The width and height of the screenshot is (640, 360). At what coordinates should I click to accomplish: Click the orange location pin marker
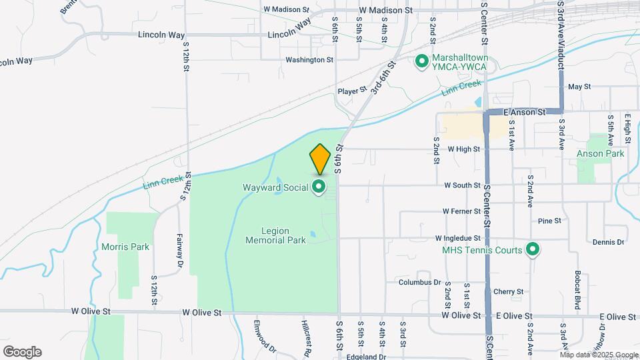click(x=320, y=159)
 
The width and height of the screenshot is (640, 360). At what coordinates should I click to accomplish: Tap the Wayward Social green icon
click(x=319, y=187)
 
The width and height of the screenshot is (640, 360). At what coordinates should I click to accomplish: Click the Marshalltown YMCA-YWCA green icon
click(x=421, y=62)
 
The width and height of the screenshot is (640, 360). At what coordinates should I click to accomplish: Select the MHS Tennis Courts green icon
click(x=532, y=250)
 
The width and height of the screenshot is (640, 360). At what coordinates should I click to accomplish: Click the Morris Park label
click(x=125, y=247)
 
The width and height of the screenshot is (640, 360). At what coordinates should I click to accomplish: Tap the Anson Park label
click(x=601, y=153)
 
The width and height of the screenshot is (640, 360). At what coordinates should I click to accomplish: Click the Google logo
click(x=22, y=351)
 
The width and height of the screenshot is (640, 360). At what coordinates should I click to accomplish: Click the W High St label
click(x=464, y=149)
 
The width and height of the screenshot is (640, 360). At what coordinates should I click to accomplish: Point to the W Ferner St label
click(x=461, y=211)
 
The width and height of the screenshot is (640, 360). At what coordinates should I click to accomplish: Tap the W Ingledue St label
click(x=457, y=238)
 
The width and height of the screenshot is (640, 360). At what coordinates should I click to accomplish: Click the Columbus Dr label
click(x=420, y=282)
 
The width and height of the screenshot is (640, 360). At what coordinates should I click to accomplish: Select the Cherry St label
click(x=508, y=291)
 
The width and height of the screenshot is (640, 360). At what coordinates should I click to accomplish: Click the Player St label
click(x=352, y=90)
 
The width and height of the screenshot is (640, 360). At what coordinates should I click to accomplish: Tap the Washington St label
click(x=309, y=60)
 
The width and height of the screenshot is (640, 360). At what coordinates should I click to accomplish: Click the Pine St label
click(x=549, y=220)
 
